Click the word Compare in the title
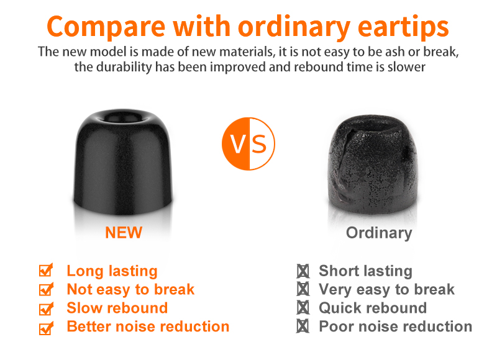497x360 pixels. pos(106,27)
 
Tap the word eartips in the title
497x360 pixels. pos(403,27)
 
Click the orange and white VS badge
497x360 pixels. pos(248,144)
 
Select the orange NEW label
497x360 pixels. pos(124,233)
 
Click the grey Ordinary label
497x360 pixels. pos(379,233)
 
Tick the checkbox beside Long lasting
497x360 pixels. pos(46,270)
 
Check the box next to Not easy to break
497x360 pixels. pos(46,289)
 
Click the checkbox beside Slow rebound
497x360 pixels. pos(46,308)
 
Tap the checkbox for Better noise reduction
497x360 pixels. pos(46,328)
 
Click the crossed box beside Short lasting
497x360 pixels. pos(303,271)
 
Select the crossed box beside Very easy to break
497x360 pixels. pos(303,289)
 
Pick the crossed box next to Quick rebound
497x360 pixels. pos(303,308)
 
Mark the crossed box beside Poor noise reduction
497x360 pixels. pos(303,326)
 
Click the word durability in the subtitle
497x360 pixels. pos(125,67)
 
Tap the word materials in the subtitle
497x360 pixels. pos(247,52)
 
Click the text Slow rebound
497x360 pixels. pos(117,308)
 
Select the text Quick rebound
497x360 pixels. pos(373,308)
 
